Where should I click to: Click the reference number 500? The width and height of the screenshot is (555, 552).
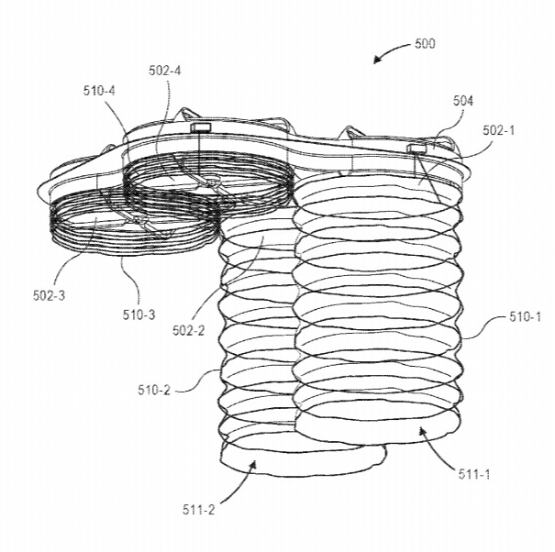(x=425, y=43)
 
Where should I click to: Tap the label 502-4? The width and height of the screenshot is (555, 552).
(x=164, y=71)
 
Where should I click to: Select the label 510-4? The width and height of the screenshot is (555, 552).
(x=99, y=91)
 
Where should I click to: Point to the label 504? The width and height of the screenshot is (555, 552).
(x=463, y=101)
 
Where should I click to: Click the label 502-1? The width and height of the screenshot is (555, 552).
(x=498, y=130)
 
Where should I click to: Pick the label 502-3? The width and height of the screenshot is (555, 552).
(x=50, y=295)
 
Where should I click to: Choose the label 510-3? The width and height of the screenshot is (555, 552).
(x=139, y=315)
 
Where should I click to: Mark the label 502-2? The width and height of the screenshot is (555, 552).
(x=189, y=330)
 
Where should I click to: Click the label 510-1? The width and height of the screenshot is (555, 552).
(x=526, y=316)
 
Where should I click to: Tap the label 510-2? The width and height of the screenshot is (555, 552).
(x=154, y=390)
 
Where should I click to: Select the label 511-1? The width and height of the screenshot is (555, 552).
(x=474, y=474)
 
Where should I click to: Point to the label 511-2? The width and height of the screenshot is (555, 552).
(x=198, y=510)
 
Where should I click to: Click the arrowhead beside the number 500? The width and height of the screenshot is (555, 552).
(x=378, y=60)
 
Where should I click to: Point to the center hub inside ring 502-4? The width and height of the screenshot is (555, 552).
(x=213, y=183)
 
